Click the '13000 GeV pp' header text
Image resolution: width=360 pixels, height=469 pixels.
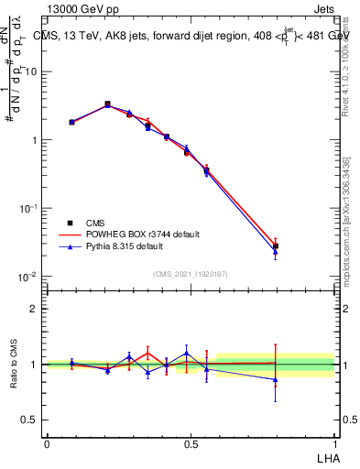pos(86,8)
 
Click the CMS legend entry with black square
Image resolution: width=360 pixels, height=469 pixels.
pos(94,223)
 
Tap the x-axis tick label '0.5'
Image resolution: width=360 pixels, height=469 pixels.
pos(191,442)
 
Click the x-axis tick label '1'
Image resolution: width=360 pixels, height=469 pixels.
pos(335,442)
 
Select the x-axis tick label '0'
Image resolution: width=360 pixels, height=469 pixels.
pos(47,442)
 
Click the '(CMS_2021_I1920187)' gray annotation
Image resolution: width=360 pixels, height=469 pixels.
pos(191,274)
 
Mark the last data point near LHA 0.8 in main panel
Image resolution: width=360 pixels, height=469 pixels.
pos(276,246)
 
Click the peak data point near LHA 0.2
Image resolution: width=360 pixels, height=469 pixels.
pos(107,104)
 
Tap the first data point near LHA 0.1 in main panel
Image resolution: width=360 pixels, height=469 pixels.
pos(71,122)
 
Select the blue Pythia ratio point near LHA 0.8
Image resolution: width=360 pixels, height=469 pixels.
pos(276,379)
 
